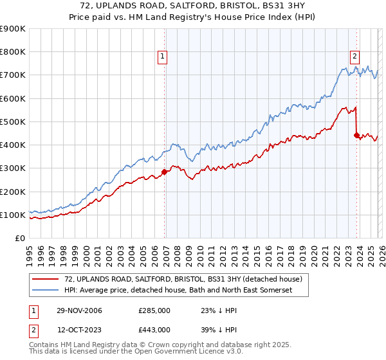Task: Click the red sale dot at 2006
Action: point(164,172)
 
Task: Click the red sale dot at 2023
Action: point(356,135)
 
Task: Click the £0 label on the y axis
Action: point(19,239)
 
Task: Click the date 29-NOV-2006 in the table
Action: point(80,310)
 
